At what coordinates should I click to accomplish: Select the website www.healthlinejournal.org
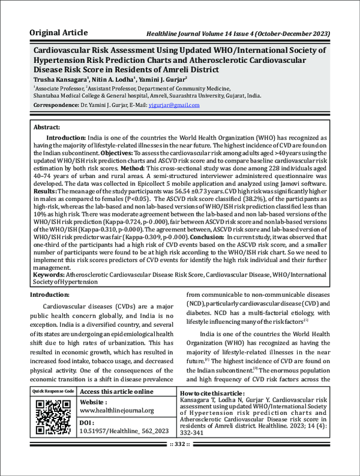[117, 411]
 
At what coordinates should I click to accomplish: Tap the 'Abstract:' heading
[46, 128]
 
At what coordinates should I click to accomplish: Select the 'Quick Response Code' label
[53, 391]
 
